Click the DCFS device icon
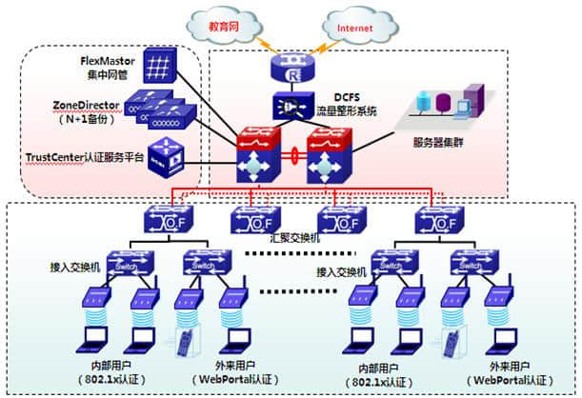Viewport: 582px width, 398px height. pos(289,106)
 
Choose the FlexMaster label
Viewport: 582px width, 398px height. pos(107,60)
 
